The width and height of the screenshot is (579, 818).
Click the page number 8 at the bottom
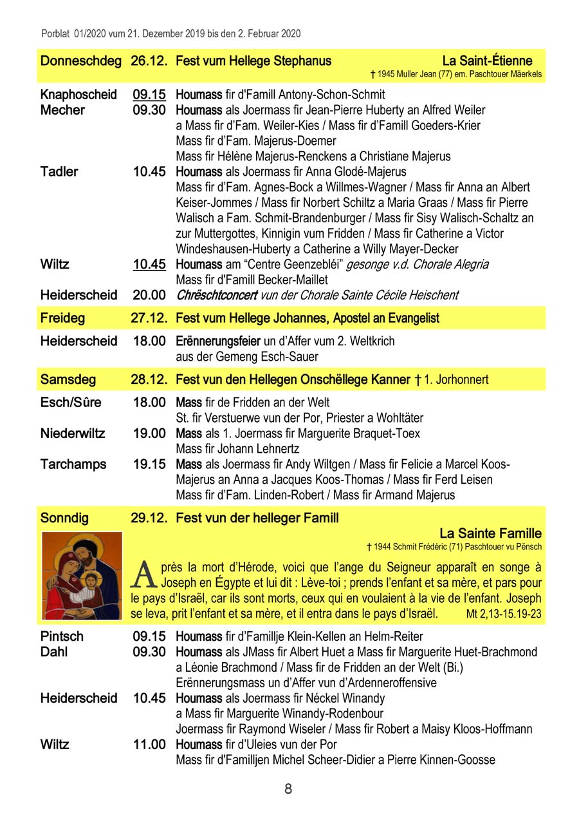point(288,788)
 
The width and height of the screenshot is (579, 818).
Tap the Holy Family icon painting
point(82,576)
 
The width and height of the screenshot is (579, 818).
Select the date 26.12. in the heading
point(149,61)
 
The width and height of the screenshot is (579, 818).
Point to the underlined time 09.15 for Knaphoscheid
point(149,95)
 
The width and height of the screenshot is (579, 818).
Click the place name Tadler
point(59,172)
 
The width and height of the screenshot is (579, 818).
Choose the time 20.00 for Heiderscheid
point(149,295)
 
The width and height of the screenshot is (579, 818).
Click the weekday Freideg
point(62,318)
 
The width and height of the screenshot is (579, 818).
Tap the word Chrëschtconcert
point(213,295)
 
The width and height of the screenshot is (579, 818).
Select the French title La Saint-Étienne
point(487,61)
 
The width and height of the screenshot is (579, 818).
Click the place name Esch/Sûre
point(71,403)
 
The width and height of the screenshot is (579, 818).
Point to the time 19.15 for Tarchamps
point(149,464)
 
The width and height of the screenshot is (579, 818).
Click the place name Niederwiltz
point(73,433)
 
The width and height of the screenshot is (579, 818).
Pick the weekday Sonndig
point(64,518)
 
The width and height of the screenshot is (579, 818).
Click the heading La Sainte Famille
point(490,533)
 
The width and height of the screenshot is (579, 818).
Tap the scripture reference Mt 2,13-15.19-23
point(503,614)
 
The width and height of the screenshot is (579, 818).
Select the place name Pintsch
point(62,636)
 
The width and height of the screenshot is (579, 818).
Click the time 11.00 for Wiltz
point(149,745)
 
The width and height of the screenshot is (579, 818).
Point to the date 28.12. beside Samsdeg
point(149,379)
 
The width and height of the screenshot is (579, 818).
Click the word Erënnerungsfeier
point(218,341)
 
